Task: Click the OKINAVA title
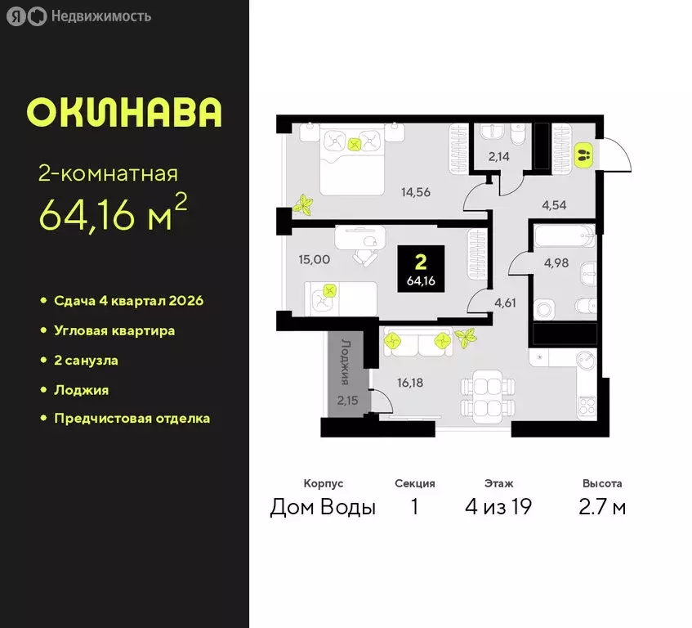(x=124, y=113)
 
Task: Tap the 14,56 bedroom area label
(x=415, y=193)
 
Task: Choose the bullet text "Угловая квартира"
(x=114, y=330)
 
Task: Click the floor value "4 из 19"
(x=498, y=507)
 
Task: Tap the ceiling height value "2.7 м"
(x=602, y=507)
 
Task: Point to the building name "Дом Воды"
(x=323, y=507)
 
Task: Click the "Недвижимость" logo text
(x=100, y=16)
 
